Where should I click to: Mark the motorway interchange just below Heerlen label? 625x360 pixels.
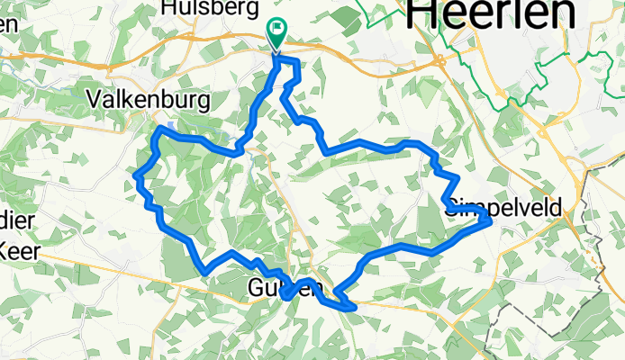[x=440, y=61]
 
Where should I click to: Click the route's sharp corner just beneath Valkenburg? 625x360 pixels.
[x=159, y=130]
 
